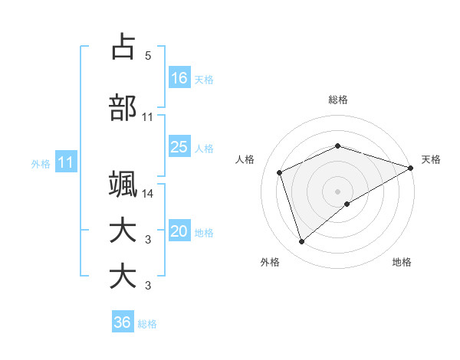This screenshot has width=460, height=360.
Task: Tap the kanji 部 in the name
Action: [x=123, y=108]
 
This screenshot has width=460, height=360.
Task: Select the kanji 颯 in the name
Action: [x=123, y=185]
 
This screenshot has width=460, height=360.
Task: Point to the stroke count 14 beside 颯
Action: [x=148, y=194]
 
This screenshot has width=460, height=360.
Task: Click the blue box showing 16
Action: [x=179, y=77]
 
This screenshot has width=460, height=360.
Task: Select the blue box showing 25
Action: [x=179, y=147]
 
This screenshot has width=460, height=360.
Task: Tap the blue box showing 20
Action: [x=179, y=231]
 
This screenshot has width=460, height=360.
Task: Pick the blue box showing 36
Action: [x=123, y=322]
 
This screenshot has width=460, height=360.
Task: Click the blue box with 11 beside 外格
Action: [x=65, y=162]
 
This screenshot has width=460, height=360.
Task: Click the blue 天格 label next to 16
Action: [x=204, y=79]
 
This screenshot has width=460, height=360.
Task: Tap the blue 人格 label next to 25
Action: [x=204, y=149]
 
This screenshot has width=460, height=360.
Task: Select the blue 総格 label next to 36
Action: [x=147, y=324]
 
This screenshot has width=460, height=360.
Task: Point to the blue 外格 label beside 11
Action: [x=41, y=163]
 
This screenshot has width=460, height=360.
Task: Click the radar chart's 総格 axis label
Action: [x=338, y=100]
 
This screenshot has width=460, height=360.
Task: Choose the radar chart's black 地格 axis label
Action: [x=402, y=263]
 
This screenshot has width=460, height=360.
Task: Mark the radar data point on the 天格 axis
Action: [x=411, y=168]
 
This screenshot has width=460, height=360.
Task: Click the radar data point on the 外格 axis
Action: [x=301, y=242]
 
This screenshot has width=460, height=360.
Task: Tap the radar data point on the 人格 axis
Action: [x=280, y=172]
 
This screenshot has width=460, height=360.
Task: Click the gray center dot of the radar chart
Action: [x=338, y=191]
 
